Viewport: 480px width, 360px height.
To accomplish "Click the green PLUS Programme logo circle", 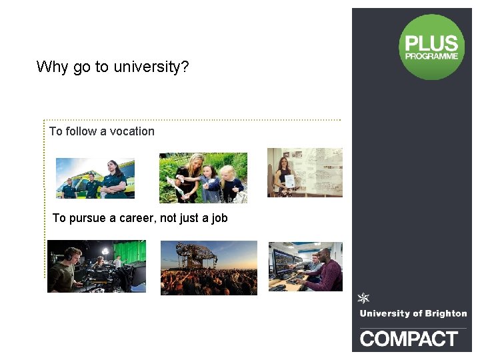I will (431, 47).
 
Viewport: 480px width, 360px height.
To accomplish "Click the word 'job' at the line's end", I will (219, 218).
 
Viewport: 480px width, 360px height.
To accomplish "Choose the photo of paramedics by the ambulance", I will (95, 178).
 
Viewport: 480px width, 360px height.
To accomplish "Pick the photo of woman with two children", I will (203, 178).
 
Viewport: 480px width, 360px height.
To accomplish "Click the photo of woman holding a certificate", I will (305, 173).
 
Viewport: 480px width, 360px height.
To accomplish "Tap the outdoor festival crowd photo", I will (209, 268).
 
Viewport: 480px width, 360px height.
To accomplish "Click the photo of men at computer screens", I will (305, 267).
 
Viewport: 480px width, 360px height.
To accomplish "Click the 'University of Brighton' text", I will (413, 313).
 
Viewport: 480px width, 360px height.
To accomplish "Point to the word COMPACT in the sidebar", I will (409, 339).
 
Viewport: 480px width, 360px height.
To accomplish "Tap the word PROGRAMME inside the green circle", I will (432, 57).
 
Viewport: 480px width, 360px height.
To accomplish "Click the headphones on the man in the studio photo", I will (71, 254).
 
